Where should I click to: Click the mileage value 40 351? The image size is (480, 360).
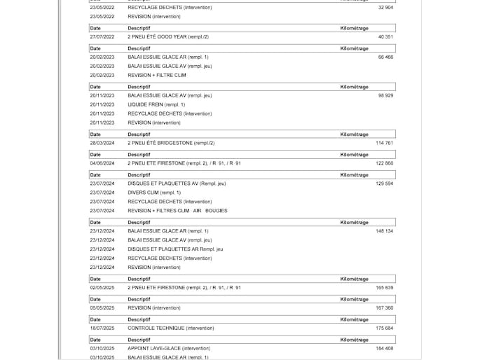(x=385, y=36)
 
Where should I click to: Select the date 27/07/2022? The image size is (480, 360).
(x=102, y=36)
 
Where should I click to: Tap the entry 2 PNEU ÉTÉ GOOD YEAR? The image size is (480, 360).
(x=168, y=36)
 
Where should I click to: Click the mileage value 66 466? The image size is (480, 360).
(x=385, y=57)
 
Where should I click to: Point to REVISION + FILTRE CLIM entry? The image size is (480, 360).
(x=157, y=75)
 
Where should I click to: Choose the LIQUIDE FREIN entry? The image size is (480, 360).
(x=156, y=104)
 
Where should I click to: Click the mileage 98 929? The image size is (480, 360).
(x=385, y=95)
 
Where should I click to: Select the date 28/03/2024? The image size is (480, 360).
(x=102, y=143)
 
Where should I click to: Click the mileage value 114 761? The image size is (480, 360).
(x=384, y=143)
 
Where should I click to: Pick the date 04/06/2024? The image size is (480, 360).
(x=102, y=163)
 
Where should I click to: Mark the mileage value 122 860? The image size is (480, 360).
(x=384, y=163)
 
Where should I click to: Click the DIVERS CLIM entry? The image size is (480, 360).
(x=154, y=193)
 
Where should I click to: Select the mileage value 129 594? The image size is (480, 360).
(x=384, y=184)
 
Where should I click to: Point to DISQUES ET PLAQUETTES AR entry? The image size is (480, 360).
(x=175, y=249)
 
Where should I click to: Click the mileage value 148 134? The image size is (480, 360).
(x=384, y=231)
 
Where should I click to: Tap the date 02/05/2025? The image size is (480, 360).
(x=102, y=288)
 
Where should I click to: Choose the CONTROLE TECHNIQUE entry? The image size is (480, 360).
(x=171, y=328)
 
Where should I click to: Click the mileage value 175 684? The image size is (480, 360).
(x=384, y=328)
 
